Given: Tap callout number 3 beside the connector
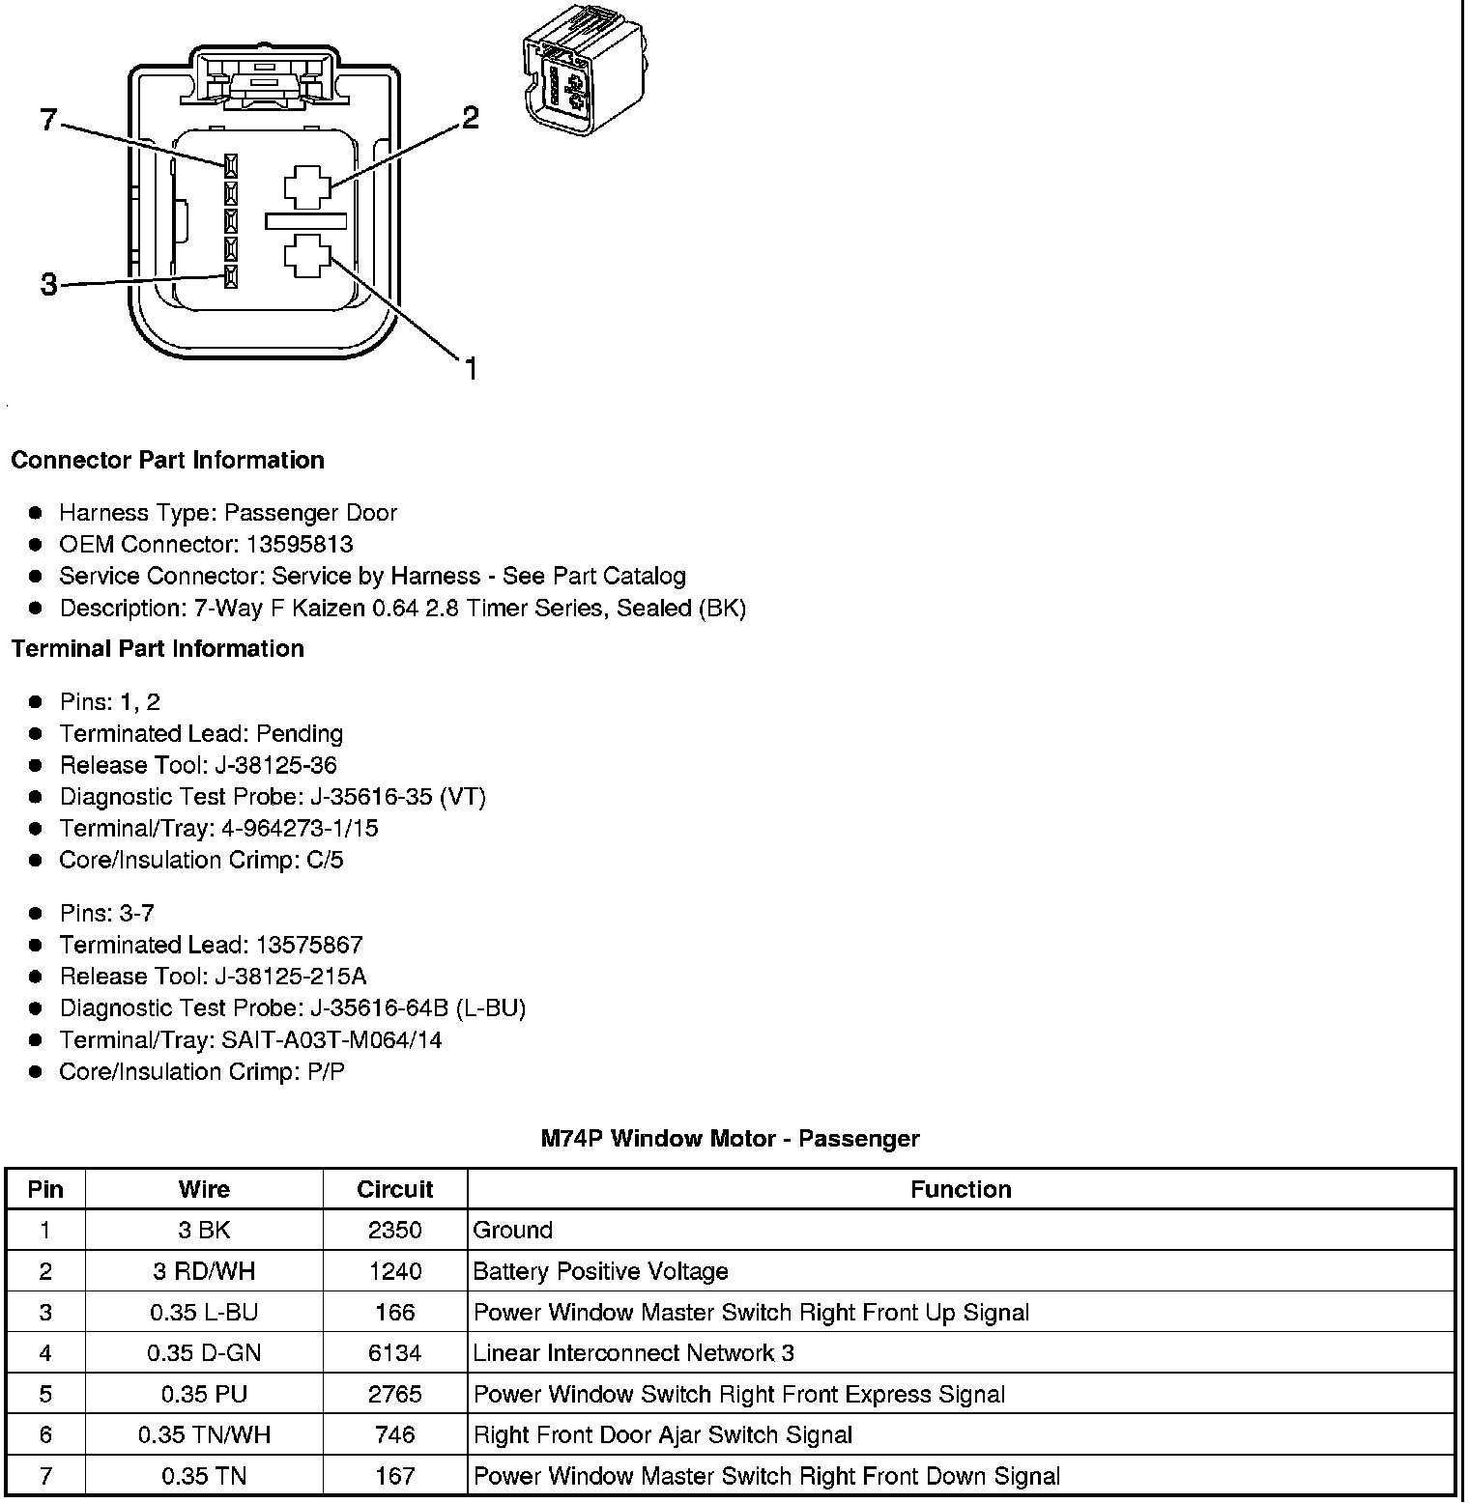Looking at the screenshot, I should pyautogui.click(x=49, y=285).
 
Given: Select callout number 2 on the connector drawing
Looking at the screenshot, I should pyautogui.click(x=470, y=118).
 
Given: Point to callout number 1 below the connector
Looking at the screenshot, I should pyautogui.click(x=471, y=368).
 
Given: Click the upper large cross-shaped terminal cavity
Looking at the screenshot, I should pyautogui.click(x=307, y=187).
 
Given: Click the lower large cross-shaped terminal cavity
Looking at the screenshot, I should pyautogui.click(x=307, y=256).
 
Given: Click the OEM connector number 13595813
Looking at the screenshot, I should pyautogui.click(x=300, y=544).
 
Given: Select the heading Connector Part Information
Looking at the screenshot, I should pyautogui.click(x=167, y=460).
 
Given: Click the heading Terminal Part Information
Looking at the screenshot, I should pyautogui.click(x=158, y=648).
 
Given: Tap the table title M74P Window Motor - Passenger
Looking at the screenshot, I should pyautogui.click(x=730, y=1139).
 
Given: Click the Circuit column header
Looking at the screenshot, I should pyautogui.click(x=394, y=1189).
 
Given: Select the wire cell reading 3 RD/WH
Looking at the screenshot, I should pyautogui.click(x=204, y=1271).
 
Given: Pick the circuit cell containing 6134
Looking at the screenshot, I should pyautogui.click(x=394, y=1353).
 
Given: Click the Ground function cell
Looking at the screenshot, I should pyautogui.click(x=513, y=1231).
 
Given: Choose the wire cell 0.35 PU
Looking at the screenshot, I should pyautogui.click(x=204, y=1395).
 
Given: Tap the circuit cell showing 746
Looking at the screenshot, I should pyautogui.click(x=394, y=1435).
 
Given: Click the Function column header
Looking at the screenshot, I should pyautogui.click(x=961, y=1189).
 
